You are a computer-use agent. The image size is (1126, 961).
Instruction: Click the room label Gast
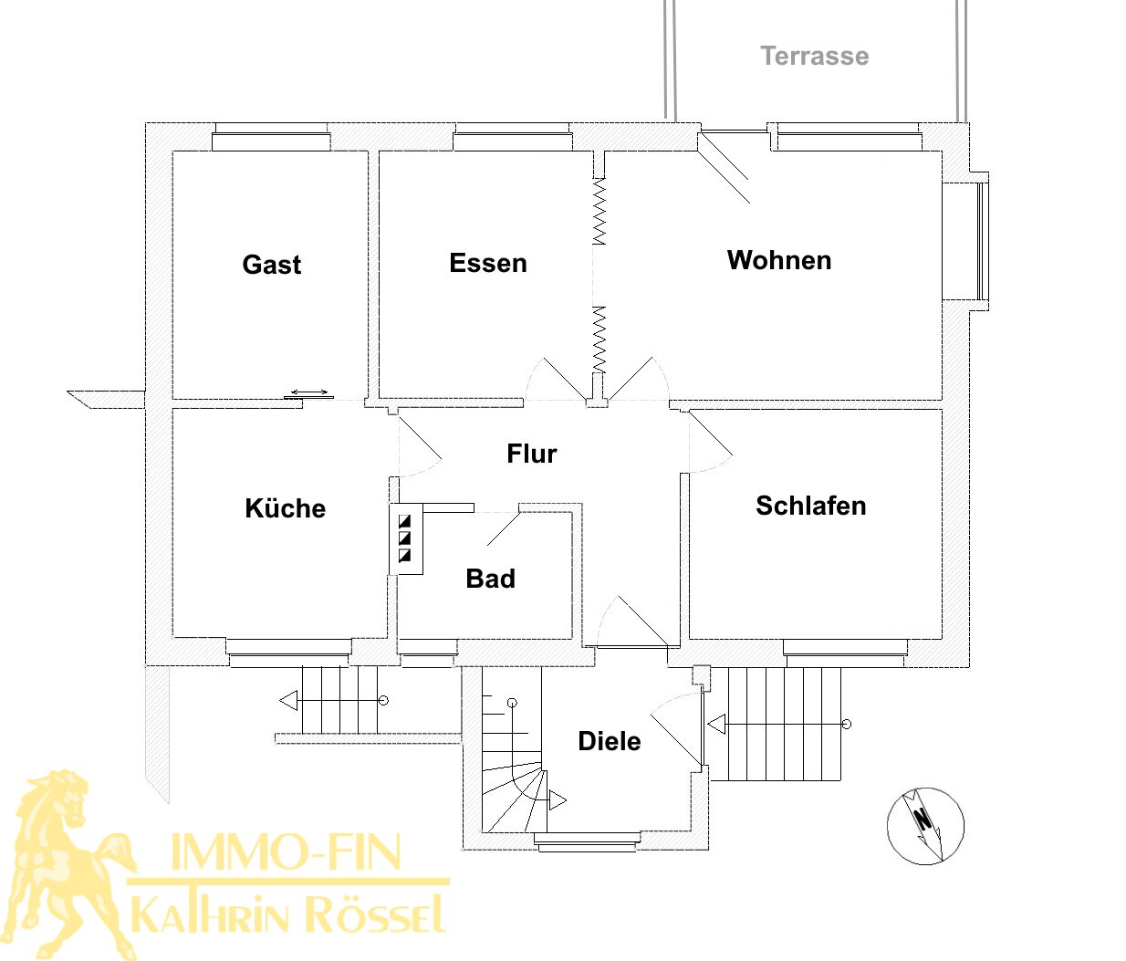pyautogui.click(x=271, y=265)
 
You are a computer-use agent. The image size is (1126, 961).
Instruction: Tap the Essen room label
pyautogui.click(x=488, y=263)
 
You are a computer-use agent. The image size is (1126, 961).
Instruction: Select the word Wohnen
pyautogui.click(x=779, y=260)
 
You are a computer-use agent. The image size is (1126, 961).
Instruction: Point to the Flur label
pyautogui.click(x=532, y=454)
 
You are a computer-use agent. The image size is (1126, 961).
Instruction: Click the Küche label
pyautogui.click(x=286, y=507)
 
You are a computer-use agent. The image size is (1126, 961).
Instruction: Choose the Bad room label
pyautogui.click(x=490, y=578)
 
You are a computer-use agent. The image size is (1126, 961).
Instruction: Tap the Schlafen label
pyautogui.click(x=810, y=506)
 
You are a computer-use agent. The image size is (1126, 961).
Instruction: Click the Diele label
pyautogui.click(x=609, y=741)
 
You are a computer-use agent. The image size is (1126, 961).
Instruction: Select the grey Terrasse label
pyautogui.click(x=815, y=56)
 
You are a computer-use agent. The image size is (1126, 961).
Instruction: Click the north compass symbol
pyautogui.click(x=925, y=826)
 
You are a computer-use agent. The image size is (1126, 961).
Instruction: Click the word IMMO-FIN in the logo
pyautogui.click(x=286, y=851)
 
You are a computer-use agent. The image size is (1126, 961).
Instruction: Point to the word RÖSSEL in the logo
pyautogui.click(x=375, y=913)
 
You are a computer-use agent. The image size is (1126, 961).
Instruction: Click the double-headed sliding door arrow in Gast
pyautogui.click(x=309, y=392)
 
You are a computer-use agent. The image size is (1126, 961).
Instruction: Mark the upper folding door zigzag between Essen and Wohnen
pyautogui.click(x=599, y=212)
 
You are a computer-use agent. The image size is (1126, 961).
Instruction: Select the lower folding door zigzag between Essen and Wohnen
pyautogui.click(x=599, y=339)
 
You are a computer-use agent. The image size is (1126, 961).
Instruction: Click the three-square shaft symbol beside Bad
pyautogui.click(x=405, y=538)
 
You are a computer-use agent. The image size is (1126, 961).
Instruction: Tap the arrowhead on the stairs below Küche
pyautogui.click(x=288, y=700)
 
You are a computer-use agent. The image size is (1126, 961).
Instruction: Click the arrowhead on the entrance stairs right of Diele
pyautogui.click(x=716, y=725)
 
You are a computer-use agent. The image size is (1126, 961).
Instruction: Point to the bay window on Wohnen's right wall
pyautogui.click(x=965, y=241)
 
